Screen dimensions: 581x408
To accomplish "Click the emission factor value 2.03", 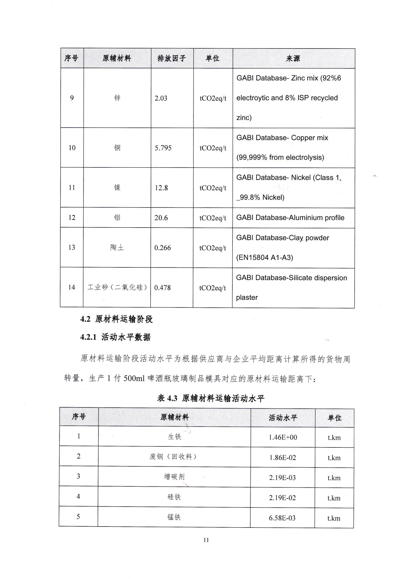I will [161, 98].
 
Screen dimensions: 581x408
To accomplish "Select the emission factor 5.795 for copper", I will [163, 148].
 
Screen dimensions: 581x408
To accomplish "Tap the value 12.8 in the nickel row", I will [161, 188].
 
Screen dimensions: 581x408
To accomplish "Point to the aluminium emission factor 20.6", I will [161, 218].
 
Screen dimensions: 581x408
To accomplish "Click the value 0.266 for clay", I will [162, 248].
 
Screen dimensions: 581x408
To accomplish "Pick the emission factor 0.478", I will [162, 288].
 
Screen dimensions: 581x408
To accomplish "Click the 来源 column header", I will [293, 58].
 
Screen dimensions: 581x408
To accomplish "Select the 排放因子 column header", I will [172, 58].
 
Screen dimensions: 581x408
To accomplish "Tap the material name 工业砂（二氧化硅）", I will [117, 287].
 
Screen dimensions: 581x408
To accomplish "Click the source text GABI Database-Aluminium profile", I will [290, 218].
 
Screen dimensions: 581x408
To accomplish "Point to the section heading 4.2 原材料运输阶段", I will [116, 319].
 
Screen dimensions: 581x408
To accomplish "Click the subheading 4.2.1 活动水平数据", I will [115, 337].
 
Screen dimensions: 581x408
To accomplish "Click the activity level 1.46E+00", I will [283, 437].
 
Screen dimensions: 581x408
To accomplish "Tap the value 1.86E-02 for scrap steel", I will [283, 457].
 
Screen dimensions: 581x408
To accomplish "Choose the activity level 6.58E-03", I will [282, 518].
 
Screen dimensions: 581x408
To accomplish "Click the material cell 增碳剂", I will [174, 477].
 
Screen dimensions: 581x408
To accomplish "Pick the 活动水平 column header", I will [283, 418].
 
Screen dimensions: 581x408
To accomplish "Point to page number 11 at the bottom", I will [206, 540].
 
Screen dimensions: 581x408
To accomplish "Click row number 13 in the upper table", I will [72, 247].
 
